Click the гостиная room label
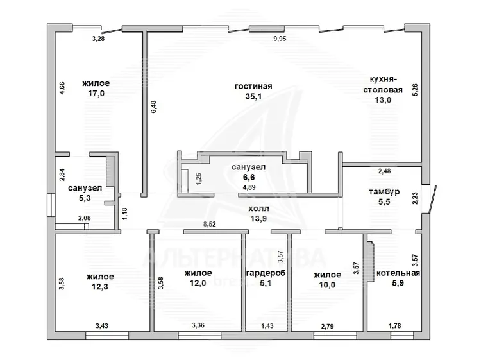[253, 86]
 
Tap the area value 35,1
[253, 96]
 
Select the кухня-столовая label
[383, 85]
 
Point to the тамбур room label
[384, 192]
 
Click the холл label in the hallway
[258, 209]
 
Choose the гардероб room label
[266, 273]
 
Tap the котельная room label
[398, 273]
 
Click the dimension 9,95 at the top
[280, 39]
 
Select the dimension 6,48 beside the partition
[153, 107]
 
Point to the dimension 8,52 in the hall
[210, 224]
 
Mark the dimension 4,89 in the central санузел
[249, 187]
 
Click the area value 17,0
[96, 93]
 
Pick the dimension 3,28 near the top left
[98, 39]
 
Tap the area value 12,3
[100, 287]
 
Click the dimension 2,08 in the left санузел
[85, 218]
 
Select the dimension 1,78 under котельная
[395, 325]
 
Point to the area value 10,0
[327, 285]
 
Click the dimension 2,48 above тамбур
[384, 171]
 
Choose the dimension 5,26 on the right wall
[415, 90]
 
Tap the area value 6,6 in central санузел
[249, 177]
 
